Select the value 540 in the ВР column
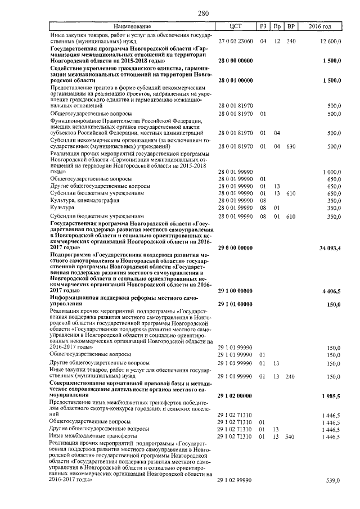point(290,436)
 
